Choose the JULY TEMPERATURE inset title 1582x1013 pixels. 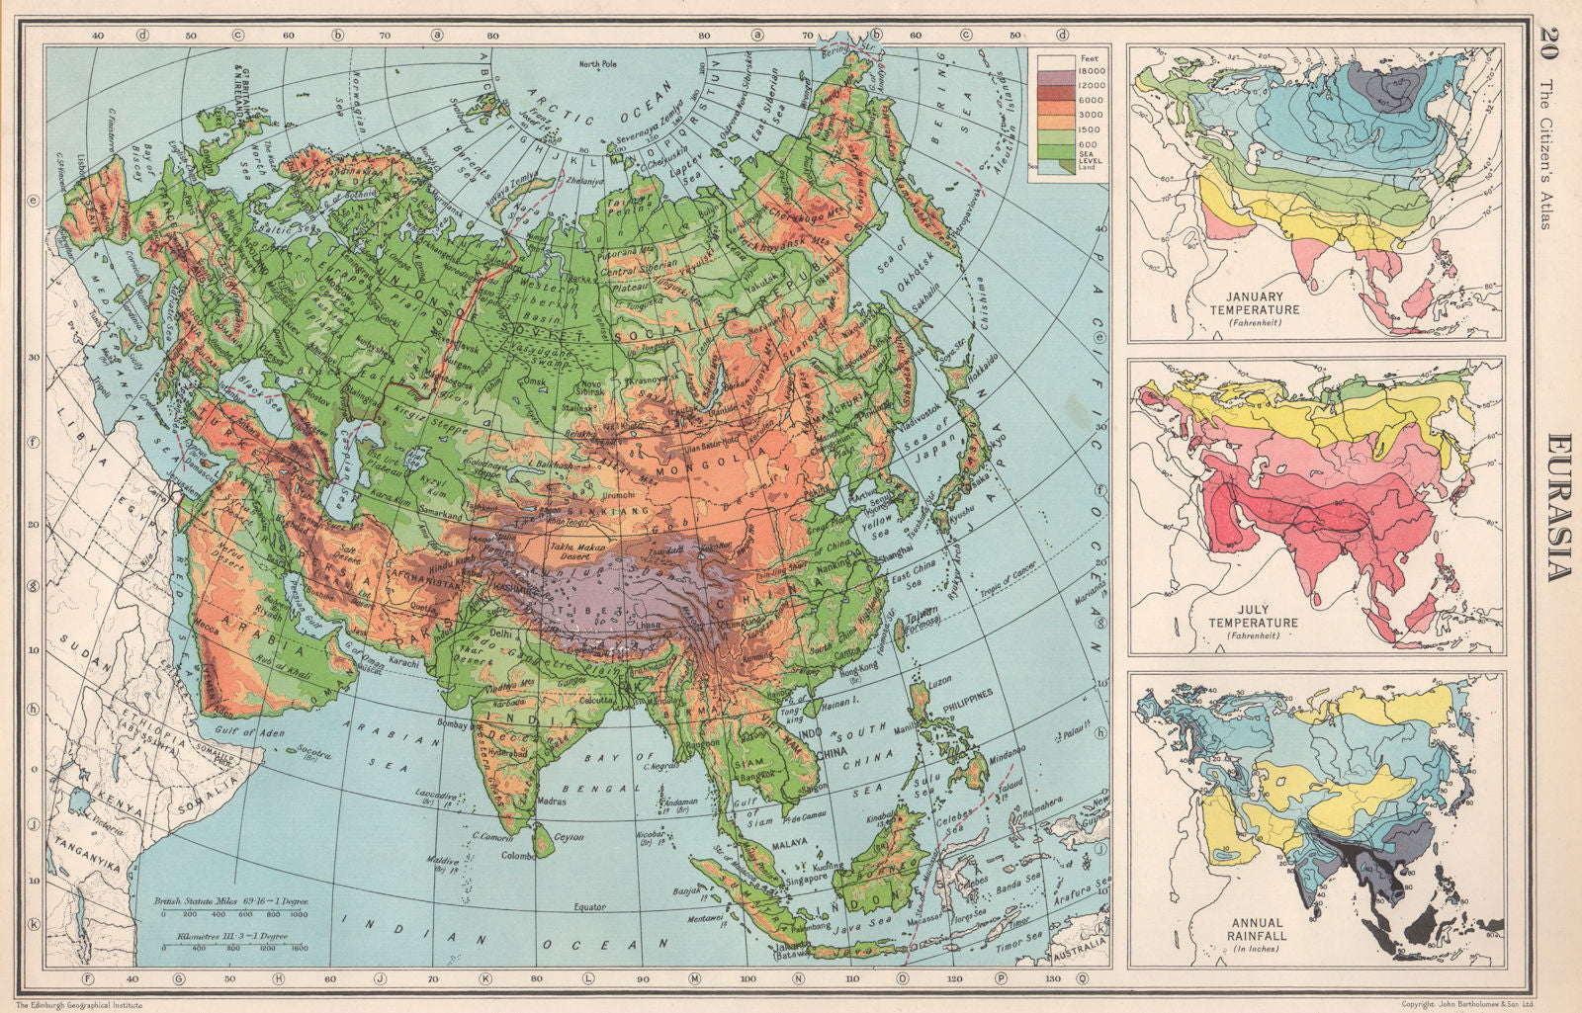click(1253, 617)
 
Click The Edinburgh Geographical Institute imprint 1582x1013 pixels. click(79, 1004)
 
